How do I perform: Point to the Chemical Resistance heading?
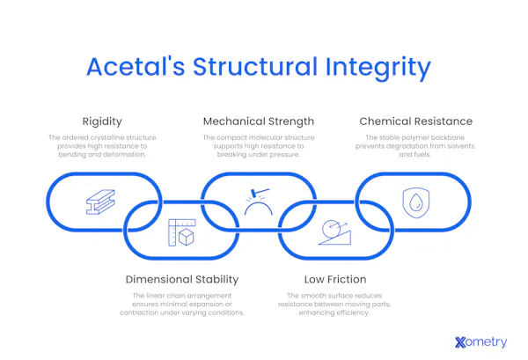click(x=415, y=121)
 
